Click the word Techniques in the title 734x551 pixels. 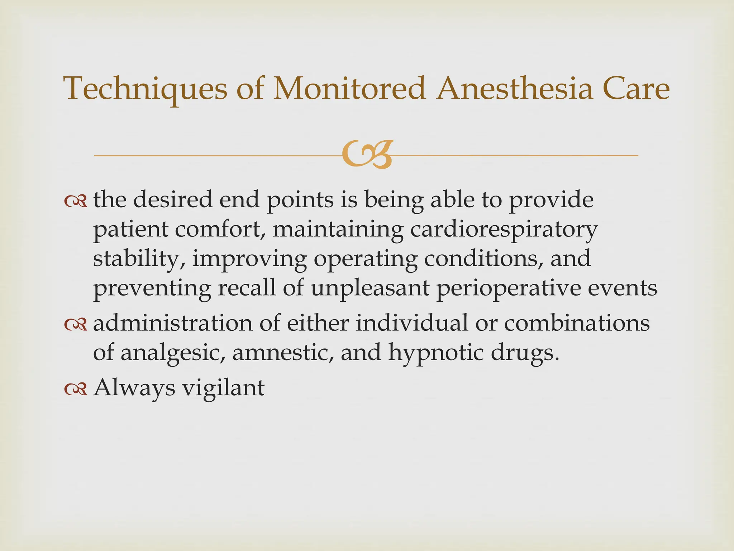coord(146,89)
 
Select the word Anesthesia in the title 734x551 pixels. coord(515,88)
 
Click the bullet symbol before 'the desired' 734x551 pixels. coord(76,201)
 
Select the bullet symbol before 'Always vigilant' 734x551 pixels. coord(76,389)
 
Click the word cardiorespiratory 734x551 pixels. coord(504,230)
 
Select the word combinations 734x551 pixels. coord(577,323)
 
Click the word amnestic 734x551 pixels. coord(283,353)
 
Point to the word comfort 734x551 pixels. coord(222,229)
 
